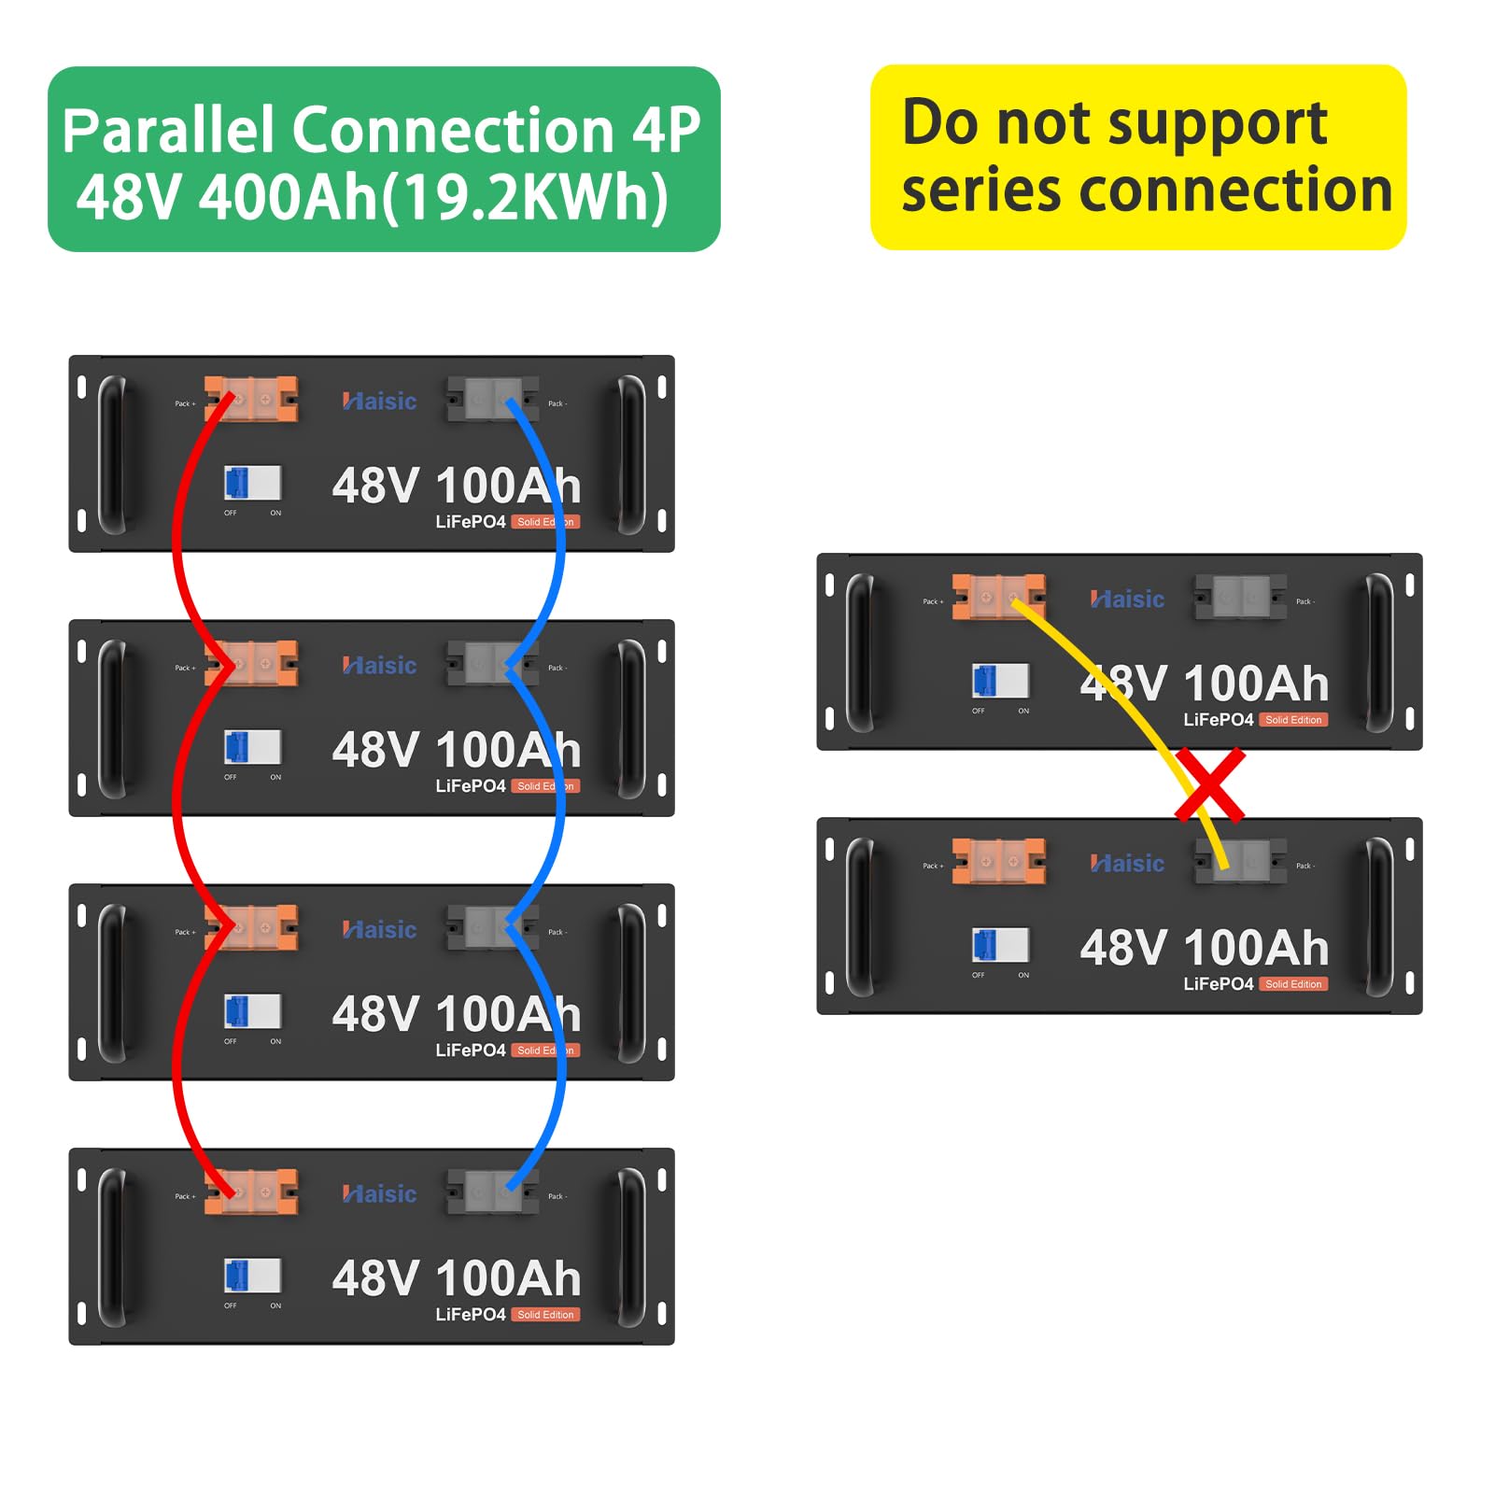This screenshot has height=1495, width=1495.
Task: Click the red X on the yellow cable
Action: [x=1209, y=784]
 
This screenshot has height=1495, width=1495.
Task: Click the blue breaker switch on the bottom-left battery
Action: [x=252, y=1275]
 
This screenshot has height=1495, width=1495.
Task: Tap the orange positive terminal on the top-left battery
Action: [x=251, y=399]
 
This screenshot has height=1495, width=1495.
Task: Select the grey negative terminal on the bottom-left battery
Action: [x=493, y=1192]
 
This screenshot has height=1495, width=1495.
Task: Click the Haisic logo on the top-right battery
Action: [x=1127, y=599]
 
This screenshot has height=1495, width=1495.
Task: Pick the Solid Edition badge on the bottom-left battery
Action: [x=546, y=1315]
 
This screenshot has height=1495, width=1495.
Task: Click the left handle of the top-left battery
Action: [x=112, y=454]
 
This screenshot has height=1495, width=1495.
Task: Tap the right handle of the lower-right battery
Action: [x=1379, y=916]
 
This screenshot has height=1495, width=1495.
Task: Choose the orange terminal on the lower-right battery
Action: [x=998, y=861]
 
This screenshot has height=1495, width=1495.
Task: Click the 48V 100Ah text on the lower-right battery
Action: [x=1204, y=948]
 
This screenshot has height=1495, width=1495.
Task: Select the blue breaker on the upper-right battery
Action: [x=1000, y=681]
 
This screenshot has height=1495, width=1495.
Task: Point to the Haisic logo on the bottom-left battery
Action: [x=379, y=1193]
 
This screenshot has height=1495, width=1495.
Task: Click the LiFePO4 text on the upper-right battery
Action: [x=1218, y=720]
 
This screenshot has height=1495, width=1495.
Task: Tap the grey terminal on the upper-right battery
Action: [x=1240, y=597]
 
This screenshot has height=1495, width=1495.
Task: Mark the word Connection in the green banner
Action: [x=455, y=130]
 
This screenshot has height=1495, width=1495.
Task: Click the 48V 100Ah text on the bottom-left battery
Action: [x=456, y=1278]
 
